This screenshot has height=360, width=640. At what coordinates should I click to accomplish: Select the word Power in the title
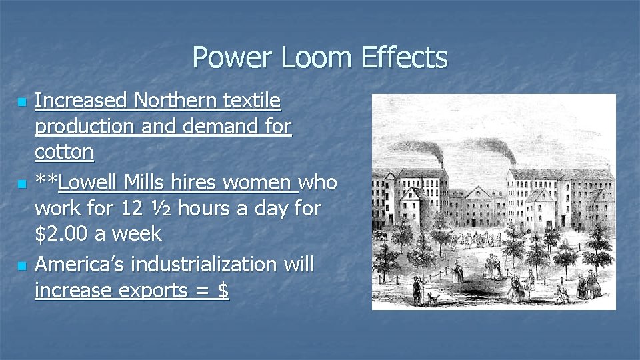(x=233, y=58)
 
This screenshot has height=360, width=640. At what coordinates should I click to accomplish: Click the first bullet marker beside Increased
(x=22, y=103)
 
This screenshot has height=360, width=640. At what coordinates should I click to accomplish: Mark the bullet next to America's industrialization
(x=22, y=266)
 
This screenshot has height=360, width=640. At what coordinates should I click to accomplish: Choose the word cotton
(x=64, y=152)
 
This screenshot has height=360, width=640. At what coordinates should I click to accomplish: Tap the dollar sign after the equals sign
(x=223, y=291)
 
